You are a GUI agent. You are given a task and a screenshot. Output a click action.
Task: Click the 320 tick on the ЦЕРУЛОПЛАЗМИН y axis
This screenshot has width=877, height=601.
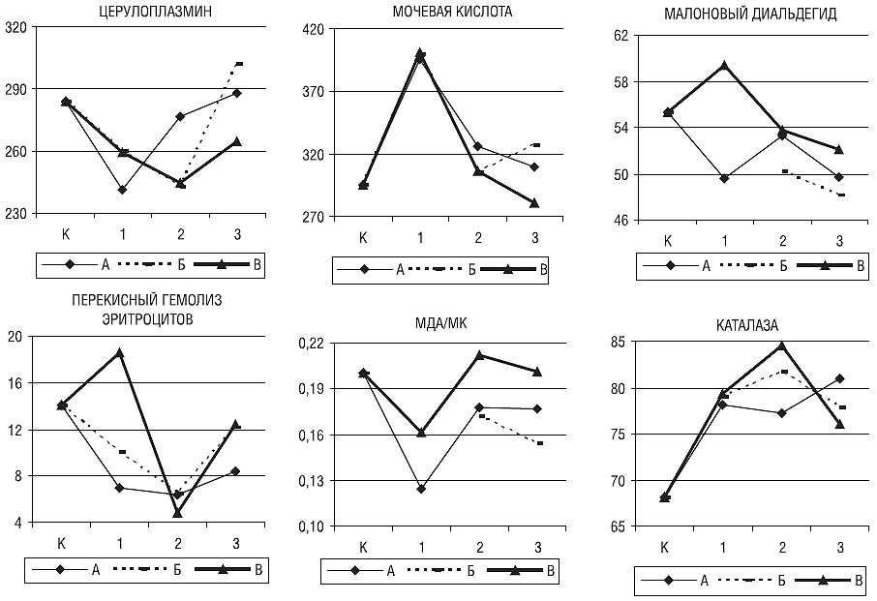(x=15, y=27)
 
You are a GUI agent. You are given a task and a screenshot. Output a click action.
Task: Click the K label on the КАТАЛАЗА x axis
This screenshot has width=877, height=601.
(x=665, y=548)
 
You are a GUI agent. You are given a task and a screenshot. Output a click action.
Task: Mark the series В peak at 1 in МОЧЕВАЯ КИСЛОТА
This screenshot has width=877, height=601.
(x=420, y=54)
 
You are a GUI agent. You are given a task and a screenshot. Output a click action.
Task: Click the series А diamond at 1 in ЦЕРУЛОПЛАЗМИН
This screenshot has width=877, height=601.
(x=122, y=190)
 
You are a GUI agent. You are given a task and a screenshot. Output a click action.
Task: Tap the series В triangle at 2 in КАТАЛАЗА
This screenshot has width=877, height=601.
(x=781, y=346)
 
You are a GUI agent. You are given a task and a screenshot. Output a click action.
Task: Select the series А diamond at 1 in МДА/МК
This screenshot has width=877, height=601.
(x=421, y=489)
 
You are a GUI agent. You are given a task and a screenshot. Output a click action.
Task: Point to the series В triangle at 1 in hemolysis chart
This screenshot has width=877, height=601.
(x=120, y=353)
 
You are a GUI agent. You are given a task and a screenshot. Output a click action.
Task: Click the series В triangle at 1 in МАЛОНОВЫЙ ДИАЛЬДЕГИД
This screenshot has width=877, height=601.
(x=723, y=66)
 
